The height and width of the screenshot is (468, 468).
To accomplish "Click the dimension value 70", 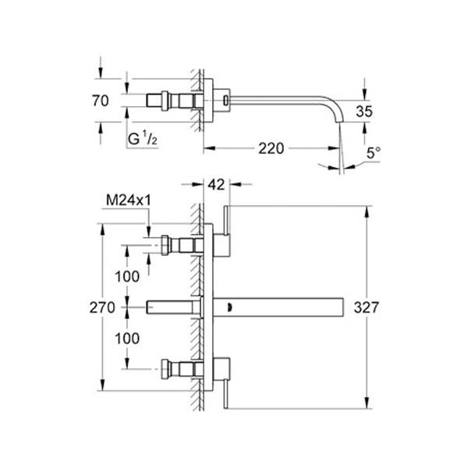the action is [101, 101].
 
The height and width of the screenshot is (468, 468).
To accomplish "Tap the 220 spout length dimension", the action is [271, 148].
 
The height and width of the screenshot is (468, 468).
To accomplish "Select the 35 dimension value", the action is [364, 112].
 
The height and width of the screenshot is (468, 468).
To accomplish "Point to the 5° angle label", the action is [374, 153].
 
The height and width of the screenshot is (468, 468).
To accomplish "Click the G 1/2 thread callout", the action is [143, 138].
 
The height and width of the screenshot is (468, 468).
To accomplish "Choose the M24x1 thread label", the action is [129, 200].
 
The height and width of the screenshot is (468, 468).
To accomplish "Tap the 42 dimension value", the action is [216, 185].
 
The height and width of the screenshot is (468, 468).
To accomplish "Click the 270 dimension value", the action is [102, 307].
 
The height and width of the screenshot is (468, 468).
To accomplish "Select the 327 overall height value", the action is [367, 307].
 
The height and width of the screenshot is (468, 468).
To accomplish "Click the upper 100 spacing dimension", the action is [127, 276].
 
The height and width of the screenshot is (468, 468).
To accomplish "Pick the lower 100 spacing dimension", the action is [127, 339].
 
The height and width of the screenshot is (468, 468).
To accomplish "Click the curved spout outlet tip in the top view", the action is [339, 120].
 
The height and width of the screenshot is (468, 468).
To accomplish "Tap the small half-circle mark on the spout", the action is [229, 307].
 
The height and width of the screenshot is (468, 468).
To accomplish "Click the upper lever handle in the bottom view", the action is [226, 220].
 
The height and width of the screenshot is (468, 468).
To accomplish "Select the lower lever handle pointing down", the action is [226, 394].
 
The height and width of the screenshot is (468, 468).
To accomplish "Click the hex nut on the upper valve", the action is [165, 246].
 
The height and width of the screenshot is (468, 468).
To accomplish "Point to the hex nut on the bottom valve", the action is [165, 369].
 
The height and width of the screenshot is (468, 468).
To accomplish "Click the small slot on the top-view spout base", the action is [226, 100].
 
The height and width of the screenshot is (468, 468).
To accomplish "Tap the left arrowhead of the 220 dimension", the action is [209, 148].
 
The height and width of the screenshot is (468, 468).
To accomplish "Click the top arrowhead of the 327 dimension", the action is [367, 211].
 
